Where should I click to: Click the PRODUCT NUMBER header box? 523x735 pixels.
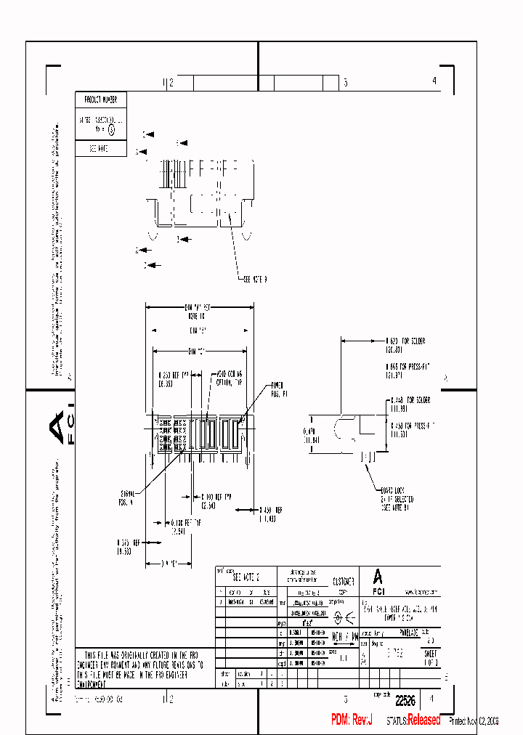tap(101, 100)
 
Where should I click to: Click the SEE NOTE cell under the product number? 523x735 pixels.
tap(101, 148)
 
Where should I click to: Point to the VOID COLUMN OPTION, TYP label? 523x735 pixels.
tap(227, 377)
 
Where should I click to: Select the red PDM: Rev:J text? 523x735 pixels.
tap(352, 720)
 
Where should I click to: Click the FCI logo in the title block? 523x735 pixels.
tap(378, 577)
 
